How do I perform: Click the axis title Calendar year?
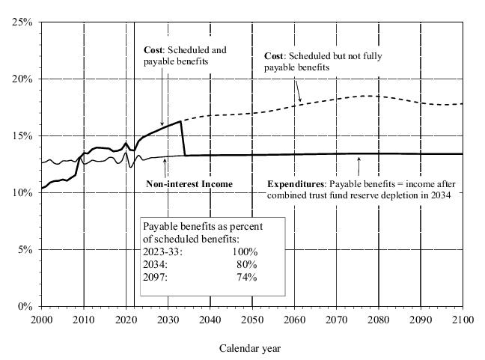250,348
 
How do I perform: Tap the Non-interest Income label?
189,184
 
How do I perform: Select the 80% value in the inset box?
246,264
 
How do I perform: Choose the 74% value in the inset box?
246,277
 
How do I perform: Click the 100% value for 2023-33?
244,251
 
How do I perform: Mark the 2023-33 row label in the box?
162,251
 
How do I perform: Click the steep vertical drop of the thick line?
183,139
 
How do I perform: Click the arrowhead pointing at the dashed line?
300,100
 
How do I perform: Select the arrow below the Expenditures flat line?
360,159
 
